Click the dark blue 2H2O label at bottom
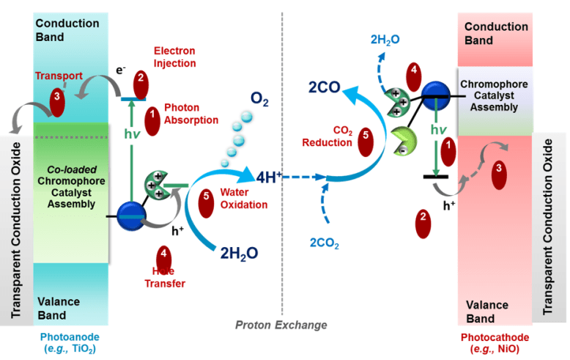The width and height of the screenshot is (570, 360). pyautogui.click(x=239, y=254)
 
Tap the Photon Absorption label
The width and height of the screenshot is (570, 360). pyautogui.click(x=191, y=114)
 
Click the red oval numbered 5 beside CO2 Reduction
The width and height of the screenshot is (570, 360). pyautogui.click(x=368, y=143)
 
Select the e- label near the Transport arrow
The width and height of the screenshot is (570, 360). pyautogui.click(x=122, y=72)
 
